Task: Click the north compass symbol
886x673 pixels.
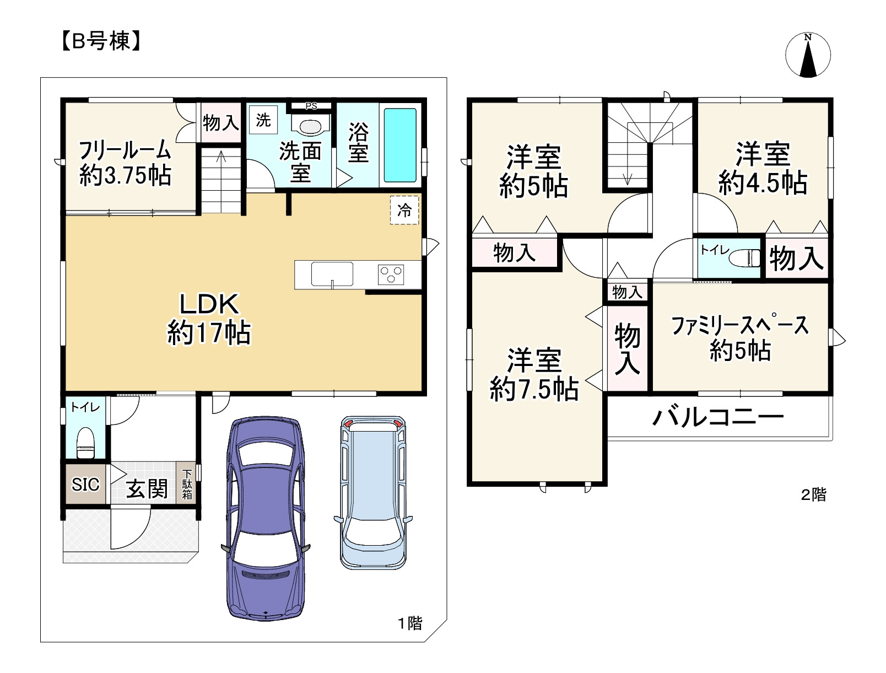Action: click(x=808, y=55)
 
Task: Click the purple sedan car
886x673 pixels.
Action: click(x=266, y=518)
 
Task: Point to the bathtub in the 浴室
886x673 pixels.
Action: click(x=400, y=146)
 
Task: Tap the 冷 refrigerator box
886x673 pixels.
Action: click(x=404, y=210)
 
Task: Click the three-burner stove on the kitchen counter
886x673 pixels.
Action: click(x=391, y=274)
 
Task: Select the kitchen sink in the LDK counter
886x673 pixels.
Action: click(x=332, y=274)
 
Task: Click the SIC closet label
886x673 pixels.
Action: click(x=85, y=484)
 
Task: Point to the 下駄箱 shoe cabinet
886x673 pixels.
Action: click(x=187, y=484)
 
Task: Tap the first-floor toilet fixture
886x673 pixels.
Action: click(x=85, y=443)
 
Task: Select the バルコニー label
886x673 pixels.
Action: click(x=718, y=417)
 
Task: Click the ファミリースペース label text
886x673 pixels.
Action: click(x=739, y=326)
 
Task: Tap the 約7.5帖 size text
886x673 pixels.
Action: click(x=534, y=389)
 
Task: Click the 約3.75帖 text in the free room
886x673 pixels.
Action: click(x=125, y=175)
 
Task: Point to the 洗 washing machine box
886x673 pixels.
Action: click(x=263, y=120)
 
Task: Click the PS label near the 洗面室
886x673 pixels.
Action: click(x=311, y=106)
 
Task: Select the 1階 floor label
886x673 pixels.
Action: click(x=410, y=623)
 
